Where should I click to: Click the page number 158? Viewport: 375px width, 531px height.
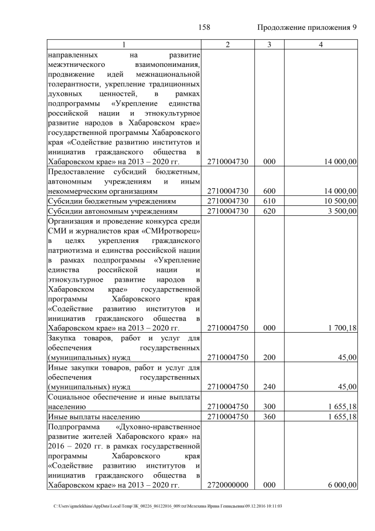click(x=204, y=28)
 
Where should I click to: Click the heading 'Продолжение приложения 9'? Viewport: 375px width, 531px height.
click(x=307, y=28)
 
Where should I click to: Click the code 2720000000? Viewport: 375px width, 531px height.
click(x=227, y=485)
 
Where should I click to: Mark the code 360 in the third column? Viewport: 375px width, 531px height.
click(x=269, y=417)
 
